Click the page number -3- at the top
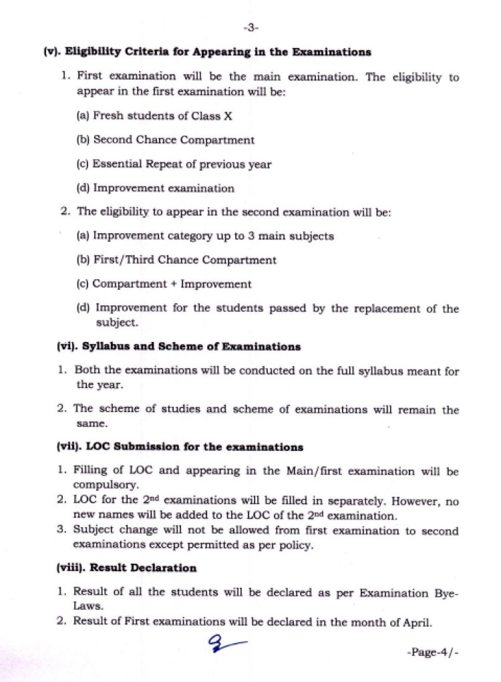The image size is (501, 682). [251, 27]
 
